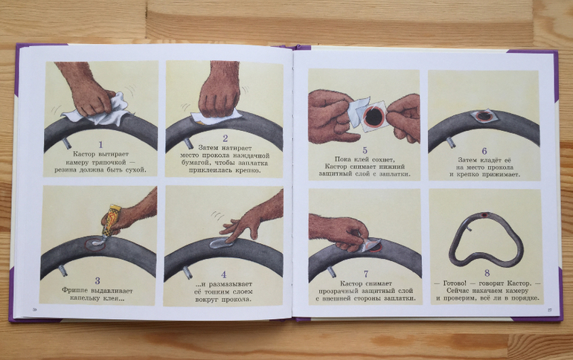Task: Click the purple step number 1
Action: (x=101, y=145)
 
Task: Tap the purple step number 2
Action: (x=225, y=138)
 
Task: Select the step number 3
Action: (x=97, y=280)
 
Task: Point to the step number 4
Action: (x=224, y=274)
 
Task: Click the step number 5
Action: (x=365, y=150)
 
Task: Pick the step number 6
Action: (x=484, y=151)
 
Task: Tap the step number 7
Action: (x=366, y=274)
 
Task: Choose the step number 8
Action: (x=487, y=273)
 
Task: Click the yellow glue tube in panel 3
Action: (x=109, y=220)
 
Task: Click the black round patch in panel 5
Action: (x=374, y=117)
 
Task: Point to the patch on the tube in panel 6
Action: (x=483, y=116)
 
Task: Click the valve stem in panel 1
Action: (x=66, y=142)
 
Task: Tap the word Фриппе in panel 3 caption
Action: (x=74, y=291)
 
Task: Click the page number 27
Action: (x=549, y=310)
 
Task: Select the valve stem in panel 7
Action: (x=333, y=271)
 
